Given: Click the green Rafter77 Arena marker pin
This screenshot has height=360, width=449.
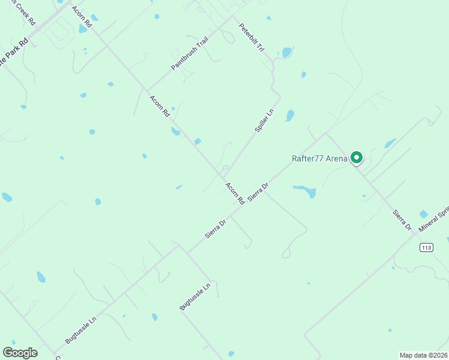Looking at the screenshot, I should (x=357, y=158).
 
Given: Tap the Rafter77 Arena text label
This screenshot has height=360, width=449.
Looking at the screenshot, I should (x=319, y=158).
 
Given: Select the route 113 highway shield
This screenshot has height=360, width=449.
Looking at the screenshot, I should (x=426, y=247).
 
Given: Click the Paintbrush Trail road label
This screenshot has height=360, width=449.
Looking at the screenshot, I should (x=189, y=54).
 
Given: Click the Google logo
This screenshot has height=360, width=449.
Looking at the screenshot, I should (x=20, y=352).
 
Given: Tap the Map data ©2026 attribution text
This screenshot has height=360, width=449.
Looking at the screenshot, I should (x=423, y=355).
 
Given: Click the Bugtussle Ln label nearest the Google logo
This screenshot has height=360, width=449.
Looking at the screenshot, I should (x=80, y=329).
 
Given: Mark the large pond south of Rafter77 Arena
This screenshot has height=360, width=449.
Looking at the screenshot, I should (x=306, y=191).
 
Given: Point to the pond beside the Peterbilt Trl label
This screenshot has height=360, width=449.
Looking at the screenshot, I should (x=286, y=53).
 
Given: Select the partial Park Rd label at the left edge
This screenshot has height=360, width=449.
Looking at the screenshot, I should (x=14, y=53).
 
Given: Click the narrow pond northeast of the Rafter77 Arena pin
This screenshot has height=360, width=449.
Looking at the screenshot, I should (x=390, y=143).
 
